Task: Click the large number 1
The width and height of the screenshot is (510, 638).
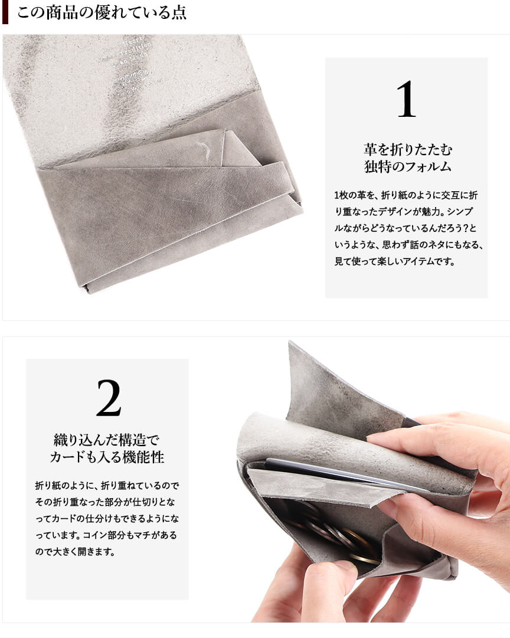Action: point(406,99)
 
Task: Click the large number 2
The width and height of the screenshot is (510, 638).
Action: point(109,398)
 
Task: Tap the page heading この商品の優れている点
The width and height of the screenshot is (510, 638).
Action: point(102,12)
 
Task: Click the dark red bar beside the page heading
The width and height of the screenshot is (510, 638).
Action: point(5,12)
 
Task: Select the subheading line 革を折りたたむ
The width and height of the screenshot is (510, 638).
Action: point(408,150)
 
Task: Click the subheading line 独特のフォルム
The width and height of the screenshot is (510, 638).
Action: point(408,166)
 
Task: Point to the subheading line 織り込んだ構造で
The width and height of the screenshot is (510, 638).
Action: point(107,440)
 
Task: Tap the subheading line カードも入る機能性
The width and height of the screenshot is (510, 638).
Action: point(107,457)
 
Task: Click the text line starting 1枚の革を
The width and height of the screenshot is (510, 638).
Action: point(406,195)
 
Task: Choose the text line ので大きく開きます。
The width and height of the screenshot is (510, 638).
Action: point(76,552)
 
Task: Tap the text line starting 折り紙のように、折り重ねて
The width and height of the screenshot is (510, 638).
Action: point(107,485)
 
